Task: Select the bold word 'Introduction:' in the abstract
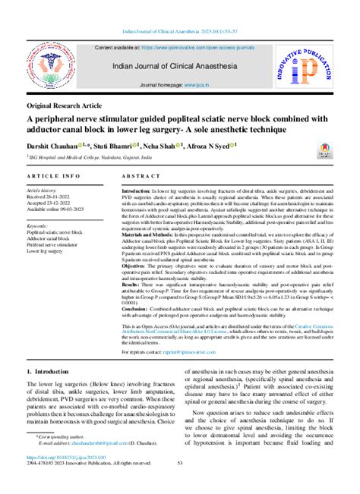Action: [x=137, y=192]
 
